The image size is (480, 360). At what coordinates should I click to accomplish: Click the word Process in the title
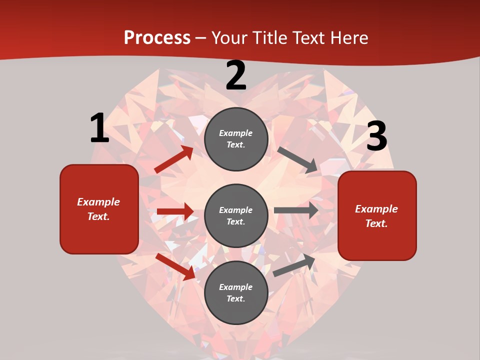pos(157,37)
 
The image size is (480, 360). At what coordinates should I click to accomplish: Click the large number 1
pos(99,128)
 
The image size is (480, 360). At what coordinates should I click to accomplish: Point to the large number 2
pos(236,76)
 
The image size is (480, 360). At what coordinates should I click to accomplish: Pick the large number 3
pos(376,136)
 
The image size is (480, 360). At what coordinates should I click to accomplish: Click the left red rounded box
pos(99,209)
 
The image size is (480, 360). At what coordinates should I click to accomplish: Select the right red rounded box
pos(377,215)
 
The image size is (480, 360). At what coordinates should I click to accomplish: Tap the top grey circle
pos(236,139)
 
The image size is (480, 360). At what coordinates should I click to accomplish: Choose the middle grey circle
pos(236,215)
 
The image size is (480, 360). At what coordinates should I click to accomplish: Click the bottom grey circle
pos(236,292)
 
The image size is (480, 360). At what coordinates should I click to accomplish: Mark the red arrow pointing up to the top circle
pos(173,159)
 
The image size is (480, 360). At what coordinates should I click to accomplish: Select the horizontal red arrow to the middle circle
pos(175,211)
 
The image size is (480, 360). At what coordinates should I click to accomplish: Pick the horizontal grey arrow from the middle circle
pos(296,210)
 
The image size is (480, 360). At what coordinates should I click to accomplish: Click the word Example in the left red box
pos(98,202)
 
